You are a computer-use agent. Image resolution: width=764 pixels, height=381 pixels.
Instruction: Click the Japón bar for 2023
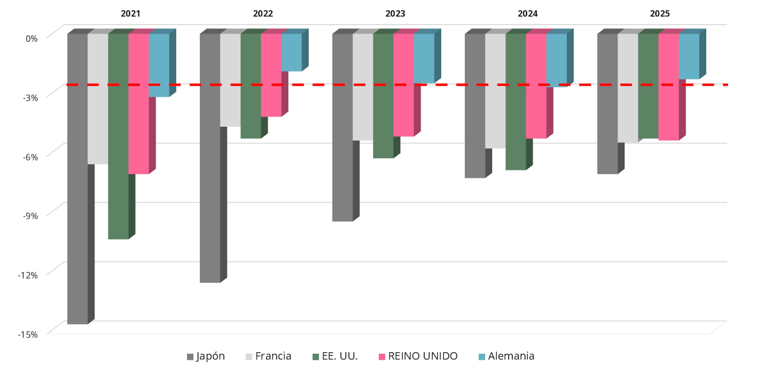(x=343, y=128)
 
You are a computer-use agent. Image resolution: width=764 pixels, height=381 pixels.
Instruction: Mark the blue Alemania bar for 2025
(x=689, y=56)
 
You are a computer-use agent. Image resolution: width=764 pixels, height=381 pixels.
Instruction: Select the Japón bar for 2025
(x=607, y=104)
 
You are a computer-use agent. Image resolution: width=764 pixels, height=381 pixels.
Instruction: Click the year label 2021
(x=131, y=14)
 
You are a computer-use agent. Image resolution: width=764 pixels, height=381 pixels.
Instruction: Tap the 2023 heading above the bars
(x=395, y=14)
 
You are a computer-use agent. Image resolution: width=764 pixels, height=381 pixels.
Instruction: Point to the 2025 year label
(x=660, y=14)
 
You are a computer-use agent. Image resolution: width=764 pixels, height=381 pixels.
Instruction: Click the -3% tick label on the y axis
(x=31, y=98)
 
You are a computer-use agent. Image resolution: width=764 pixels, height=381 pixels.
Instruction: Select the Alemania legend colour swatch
(x=482, y=357)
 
